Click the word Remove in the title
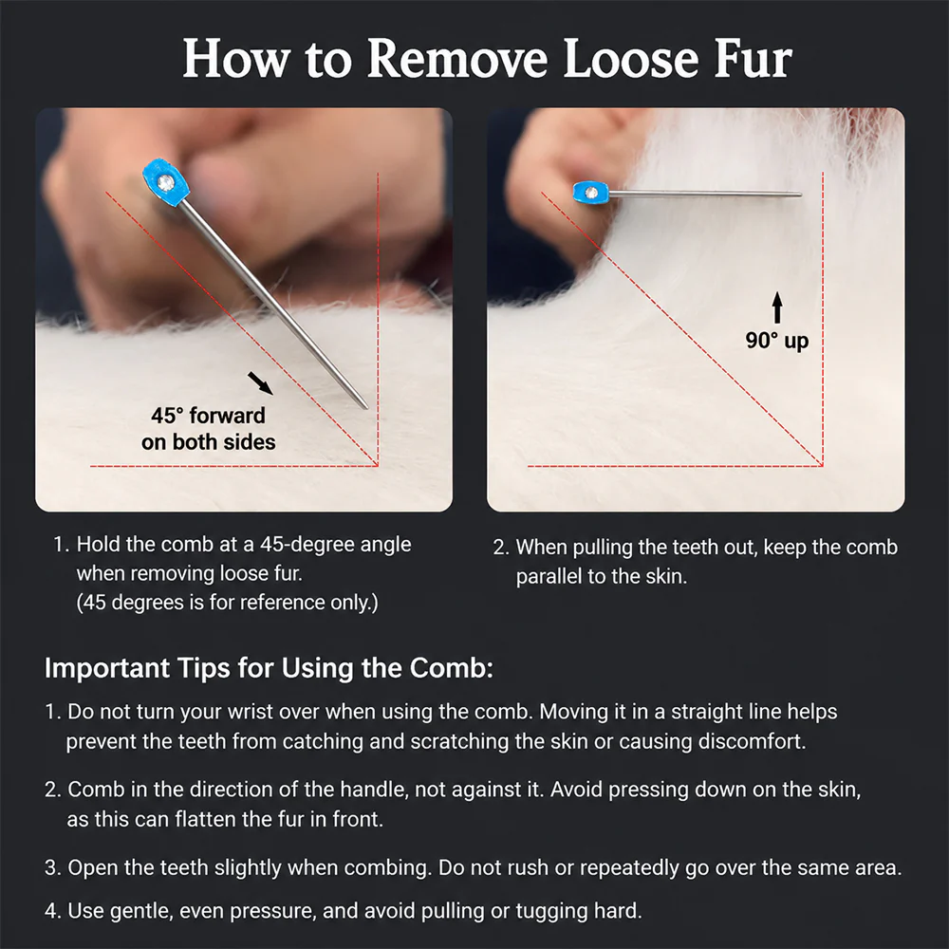coord(457,59)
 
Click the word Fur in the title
coord(753,59)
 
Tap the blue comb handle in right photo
coord(590,193)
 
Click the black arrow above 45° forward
coord(260,383)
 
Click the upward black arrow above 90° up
coord(777,307)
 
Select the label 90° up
coord(777,340)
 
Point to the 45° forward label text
coord(208,416)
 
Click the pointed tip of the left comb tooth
coord(365,407)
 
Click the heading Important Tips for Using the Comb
coord(269,668)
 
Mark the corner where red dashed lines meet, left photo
coord(378,466)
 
